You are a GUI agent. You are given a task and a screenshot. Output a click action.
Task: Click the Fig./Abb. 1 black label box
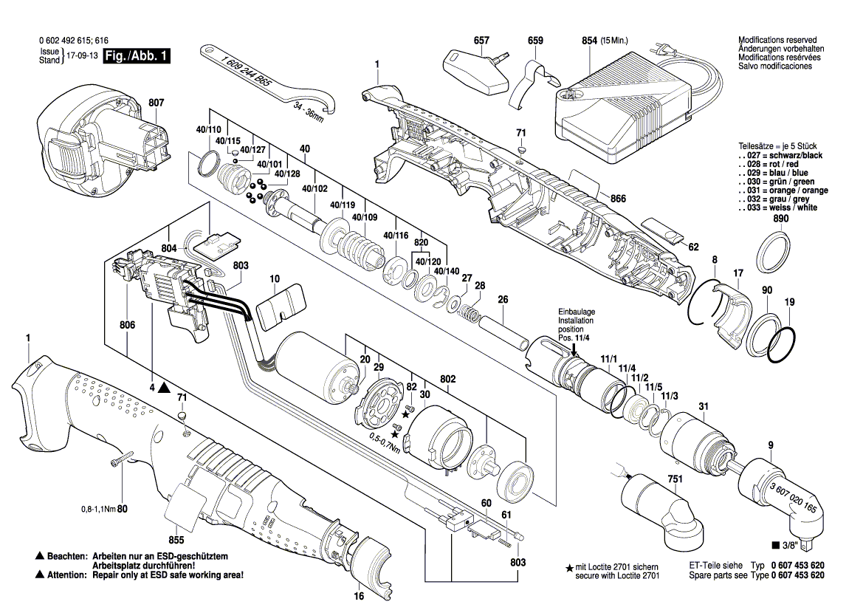(x=137, y=56)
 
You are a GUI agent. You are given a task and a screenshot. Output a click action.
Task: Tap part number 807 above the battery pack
(x=157, y=103)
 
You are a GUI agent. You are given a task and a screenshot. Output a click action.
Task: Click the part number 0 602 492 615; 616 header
(x=72, y=42)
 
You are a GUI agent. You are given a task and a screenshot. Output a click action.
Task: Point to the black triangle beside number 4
(x=163, y=386)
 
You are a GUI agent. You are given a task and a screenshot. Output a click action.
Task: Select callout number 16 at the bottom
(x=358, y=597)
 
